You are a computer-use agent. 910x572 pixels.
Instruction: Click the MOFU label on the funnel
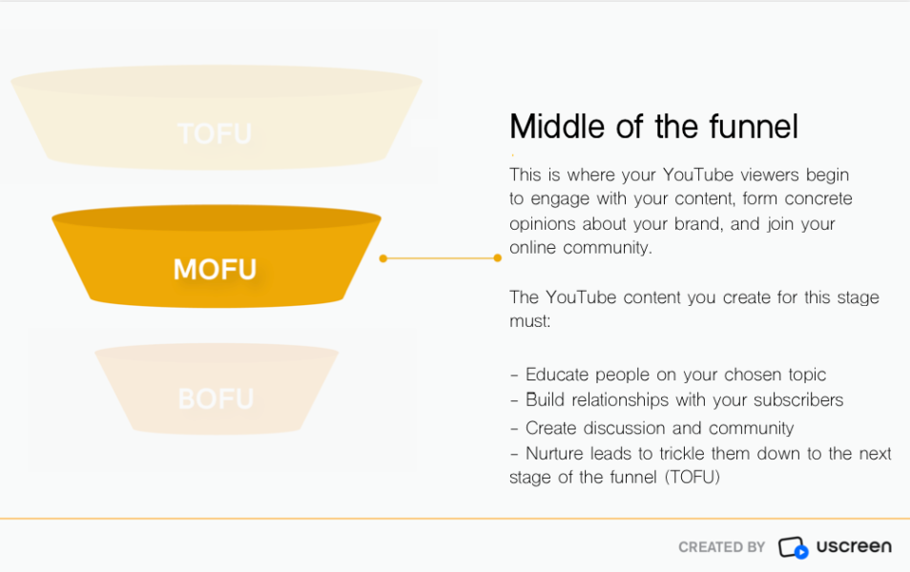tap(215, 270)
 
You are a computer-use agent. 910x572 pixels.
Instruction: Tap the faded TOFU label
tap(215, 133)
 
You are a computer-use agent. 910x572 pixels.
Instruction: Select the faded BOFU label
tap(216, 398)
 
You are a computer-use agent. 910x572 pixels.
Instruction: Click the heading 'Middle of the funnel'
tap(653, 127)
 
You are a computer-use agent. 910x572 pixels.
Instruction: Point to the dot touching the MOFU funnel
tap(383, 258)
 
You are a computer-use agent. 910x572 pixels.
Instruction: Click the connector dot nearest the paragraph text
tap(497, 258)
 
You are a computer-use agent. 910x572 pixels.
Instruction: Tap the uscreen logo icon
tap(794, 547)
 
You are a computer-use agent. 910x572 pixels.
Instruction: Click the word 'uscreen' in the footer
tap(854, 546)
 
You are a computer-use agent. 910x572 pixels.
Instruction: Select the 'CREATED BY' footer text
tap(721, 547)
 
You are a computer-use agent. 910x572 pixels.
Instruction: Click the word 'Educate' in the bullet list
tap(558, 375)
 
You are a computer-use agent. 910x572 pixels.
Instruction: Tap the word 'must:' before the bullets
tap(529, 321)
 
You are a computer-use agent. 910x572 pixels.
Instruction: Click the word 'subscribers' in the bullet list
tap(796, 400)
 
